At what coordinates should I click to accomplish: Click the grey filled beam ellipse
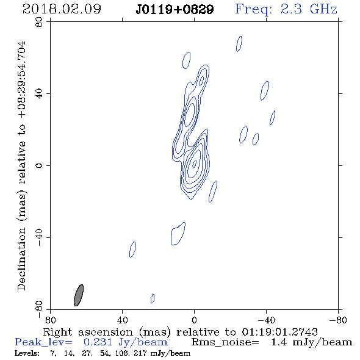79,295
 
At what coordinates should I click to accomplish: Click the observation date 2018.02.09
62,9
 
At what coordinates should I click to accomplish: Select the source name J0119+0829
175,10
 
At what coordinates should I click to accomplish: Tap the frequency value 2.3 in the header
291,9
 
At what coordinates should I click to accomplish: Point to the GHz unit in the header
323,9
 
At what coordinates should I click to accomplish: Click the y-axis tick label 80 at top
39,22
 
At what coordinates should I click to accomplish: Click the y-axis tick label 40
39,94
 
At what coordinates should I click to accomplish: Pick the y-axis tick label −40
39,237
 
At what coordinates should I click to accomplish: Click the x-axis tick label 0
194,320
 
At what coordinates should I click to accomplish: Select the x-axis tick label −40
266,320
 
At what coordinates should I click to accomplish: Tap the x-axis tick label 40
123,320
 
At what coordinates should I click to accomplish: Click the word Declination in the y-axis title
21,259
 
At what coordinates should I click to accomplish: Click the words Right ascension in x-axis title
88,333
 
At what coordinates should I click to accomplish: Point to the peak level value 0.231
98,342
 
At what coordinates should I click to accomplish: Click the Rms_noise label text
225,342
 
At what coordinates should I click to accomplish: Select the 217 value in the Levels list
140,353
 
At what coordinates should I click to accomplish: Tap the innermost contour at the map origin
194,164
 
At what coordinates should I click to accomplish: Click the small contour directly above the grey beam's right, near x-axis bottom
153,298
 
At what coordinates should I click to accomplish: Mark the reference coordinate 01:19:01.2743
279,332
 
